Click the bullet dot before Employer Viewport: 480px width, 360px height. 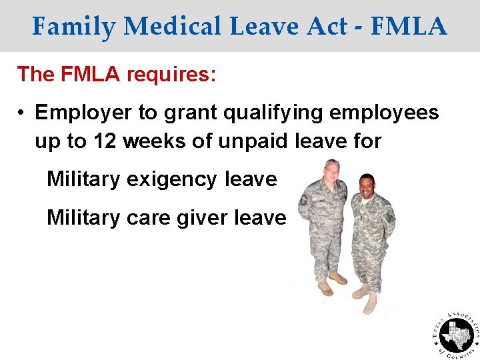pos(22,113)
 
